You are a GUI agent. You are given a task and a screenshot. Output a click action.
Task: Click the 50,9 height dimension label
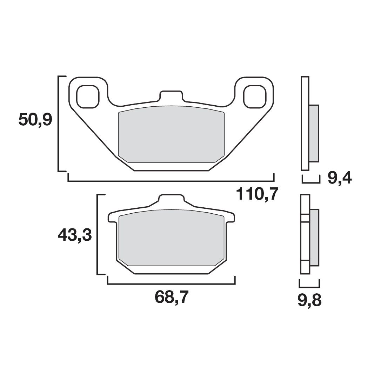[35, 120]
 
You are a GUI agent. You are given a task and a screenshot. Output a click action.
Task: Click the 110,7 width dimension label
[257, 194]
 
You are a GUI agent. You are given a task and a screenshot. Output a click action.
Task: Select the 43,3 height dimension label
[75, 235]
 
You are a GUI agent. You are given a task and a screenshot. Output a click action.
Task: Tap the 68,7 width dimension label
[172, 299]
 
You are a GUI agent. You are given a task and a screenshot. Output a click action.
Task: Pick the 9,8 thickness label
[309, 301]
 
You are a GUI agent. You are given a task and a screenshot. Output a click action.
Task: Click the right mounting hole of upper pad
[255, 96]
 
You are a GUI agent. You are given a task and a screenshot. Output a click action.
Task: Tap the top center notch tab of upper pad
[171, 95]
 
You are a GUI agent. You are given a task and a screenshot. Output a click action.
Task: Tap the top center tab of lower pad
[172, 199]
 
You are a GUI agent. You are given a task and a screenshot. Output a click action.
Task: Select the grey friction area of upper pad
[171, 134]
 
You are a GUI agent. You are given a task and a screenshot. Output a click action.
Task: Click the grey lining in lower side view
[314, 237]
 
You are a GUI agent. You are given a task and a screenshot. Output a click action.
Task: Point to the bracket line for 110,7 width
[171, 181]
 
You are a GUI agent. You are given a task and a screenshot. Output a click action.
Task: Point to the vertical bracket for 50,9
[59, 123]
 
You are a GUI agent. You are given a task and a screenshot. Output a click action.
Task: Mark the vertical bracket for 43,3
[98, 234]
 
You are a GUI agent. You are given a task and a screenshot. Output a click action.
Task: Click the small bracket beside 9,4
[311, 182]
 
